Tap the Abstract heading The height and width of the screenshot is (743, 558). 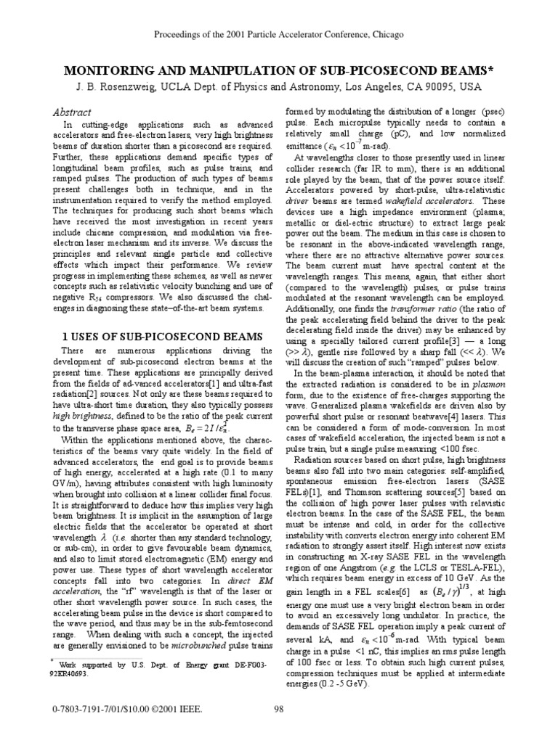72,112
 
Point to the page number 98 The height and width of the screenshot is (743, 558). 279,709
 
